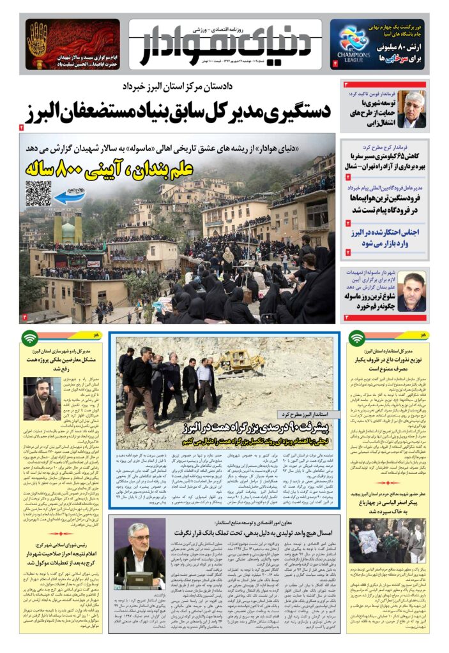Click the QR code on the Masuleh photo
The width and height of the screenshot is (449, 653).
point(38,193)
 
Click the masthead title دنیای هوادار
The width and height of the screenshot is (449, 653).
point(224,48)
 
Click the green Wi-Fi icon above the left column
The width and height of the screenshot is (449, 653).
point(29,338)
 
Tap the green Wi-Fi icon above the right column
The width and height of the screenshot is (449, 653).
point(357,338)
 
